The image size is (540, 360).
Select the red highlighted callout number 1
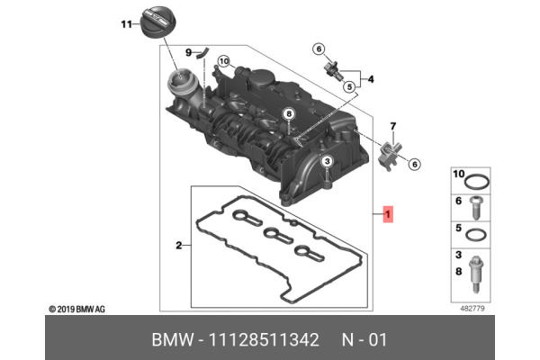click(x=387, y=214)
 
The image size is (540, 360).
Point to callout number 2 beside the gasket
click(x=178, y=244)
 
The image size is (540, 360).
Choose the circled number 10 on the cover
click(x=223, y=62)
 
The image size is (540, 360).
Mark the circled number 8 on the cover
click(x=288, y=114)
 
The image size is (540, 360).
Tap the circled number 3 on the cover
click(x=328, y=160)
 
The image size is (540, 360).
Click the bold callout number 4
click(x=370, y=79)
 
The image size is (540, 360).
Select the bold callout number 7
click(x=392, y=125)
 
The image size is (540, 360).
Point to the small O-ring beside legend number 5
click(x=481, y=235)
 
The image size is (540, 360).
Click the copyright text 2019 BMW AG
click(x=78, y=308)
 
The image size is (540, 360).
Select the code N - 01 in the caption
click(x=364, y=339)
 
